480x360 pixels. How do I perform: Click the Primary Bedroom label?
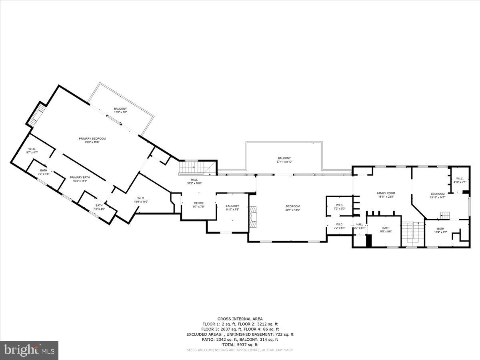coord(92,140)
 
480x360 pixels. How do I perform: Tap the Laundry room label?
coord(232,208)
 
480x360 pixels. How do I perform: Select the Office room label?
coord(199,205)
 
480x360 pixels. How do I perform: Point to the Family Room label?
coord(386,195)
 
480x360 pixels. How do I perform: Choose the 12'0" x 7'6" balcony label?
coord(120,110)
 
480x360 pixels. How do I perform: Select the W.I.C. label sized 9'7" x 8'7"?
coord(32,151)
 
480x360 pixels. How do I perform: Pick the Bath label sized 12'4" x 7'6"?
coord(440,230)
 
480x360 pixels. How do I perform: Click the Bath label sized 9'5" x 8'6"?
coord(385,230)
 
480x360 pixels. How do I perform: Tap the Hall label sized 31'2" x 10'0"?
coord(194,181)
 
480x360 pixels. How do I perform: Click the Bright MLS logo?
coord(29,350)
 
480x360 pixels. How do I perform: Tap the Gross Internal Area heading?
coord(240,319)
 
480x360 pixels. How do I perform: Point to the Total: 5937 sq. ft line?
coord(240,344)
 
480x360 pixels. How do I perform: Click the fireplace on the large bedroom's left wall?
coord(252,217)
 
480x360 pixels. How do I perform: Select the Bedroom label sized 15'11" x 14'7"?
coord(437,196)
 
